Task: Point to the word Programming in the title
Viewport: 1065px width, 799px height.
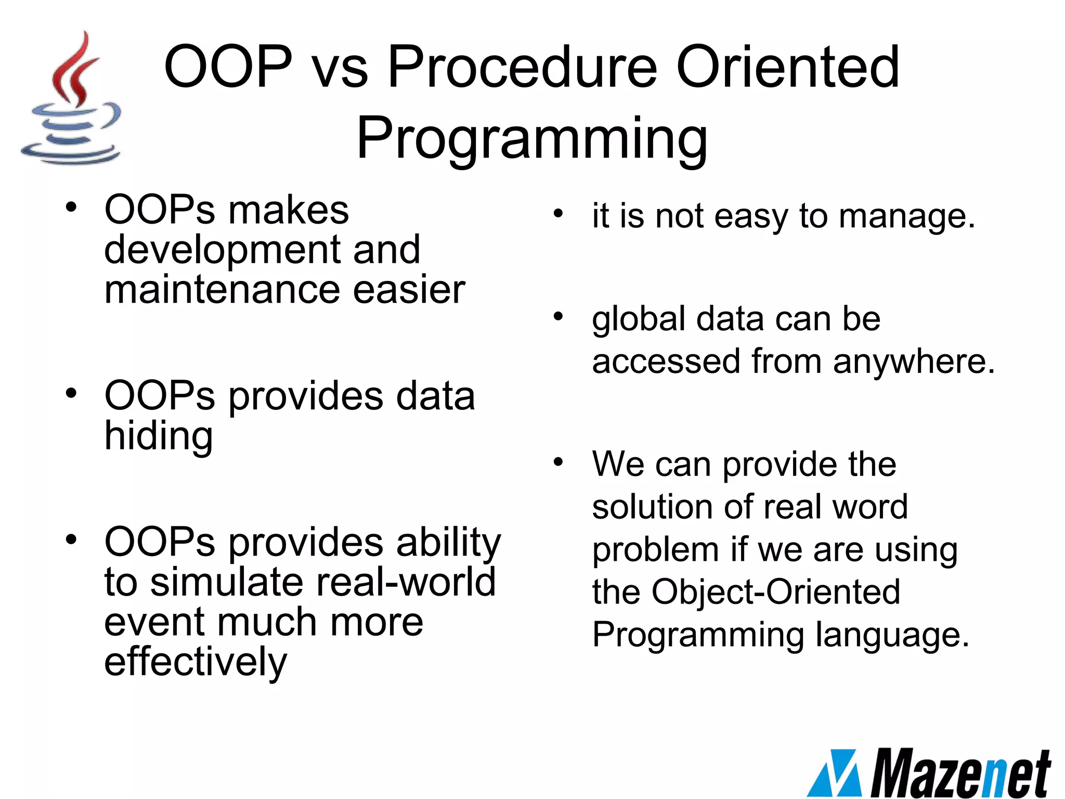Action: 531,138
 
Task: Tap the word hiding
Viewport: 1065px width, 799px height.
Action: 159,436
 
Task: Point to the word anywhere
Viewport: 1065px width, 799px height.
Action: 914,361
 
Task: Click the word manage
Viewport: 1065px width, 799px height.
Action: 907,216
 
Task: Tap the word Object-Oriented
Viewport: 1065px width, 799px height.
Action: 775,592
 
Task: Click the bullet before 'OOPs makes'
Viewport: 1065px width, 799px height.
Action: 71,207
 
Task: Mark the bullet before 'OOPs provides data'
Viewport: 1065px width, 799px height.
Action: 71,393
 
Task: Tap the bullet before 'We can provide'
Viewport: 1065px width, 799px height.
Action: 558,461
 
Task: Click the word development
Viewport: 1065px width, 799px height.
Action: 222,250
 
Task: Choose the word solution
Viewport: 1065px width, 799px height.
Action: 652,507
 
